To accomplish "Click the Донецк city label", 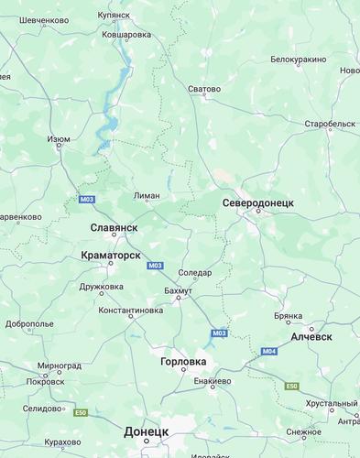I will [146, 431].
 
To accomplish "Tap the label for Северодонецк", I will [257, 202].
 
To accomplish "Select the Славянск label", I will [114, 226].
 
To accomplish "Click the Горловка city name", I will [183, 362].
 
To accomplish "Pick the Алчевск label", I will [311, 336].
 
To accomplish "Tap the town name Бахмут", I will [178, 290].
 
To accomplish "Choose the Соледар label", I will [194, 272].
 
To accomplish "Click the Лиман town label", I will [147, 195].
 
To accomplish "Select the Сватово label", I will [204, 90].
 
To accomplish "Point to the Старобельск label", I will [330, 123].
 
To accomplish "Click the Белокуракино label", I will [298, 60].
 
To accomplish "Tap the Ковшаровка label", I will [126, 35].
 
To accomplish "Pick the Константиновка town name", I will [130, 311].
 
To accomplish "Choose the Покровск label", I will [46, 381].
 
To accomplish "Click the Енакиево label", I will [212, 380].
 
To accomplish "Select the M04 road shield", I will [268, 352].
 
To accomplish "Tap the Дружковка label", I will [101, 286].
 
